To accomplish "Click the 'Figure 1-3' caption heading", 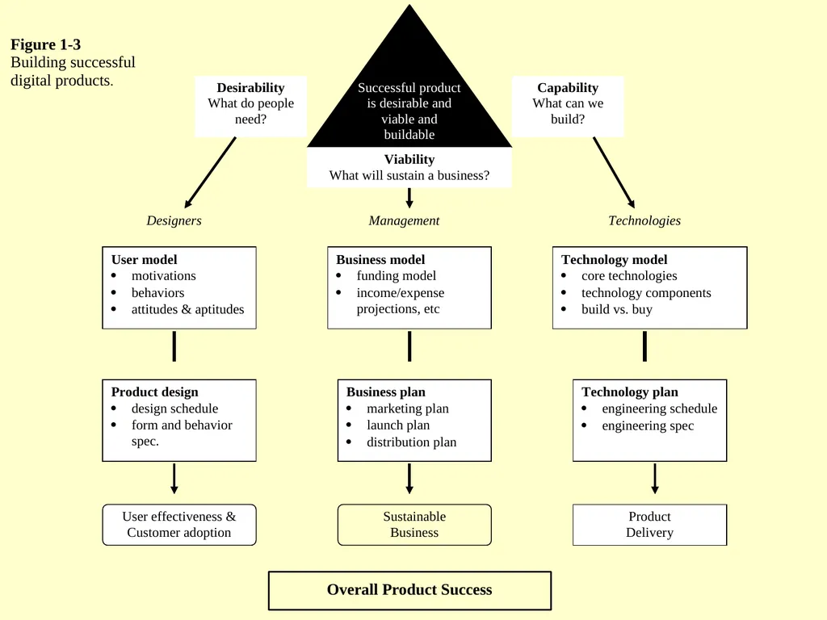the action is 45,44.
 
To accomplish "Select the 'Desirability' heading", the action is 250,87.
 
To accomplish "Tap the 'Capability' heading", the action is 568,87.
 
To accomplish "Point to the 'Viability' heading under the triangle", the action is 409,159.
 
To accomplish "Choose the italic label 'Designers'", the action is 174,220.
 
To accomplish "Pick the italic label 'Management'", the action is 404,220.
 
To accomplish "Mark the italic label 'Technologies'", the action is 644,220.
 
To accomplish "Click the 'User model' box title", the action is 144,259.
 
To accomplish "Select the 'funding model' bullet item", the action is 396,276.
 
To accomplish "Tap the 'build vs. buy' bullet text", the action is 616,309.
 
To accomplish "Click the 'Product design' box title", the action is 154,392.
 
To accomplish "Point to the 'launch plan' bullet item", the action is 398,425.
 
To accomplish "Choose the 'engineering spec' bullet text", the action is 648,425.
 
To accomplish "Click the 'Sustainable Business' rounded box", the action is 414,525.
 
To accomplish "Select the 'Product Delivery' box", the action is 650,525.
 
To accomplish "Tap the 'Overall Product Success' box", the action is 409,590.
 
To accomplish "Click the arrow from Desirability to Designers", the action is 210,173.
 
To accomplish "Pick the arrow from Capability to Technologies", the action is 614,173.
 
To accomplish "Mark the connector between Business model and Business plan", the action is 409,346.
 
